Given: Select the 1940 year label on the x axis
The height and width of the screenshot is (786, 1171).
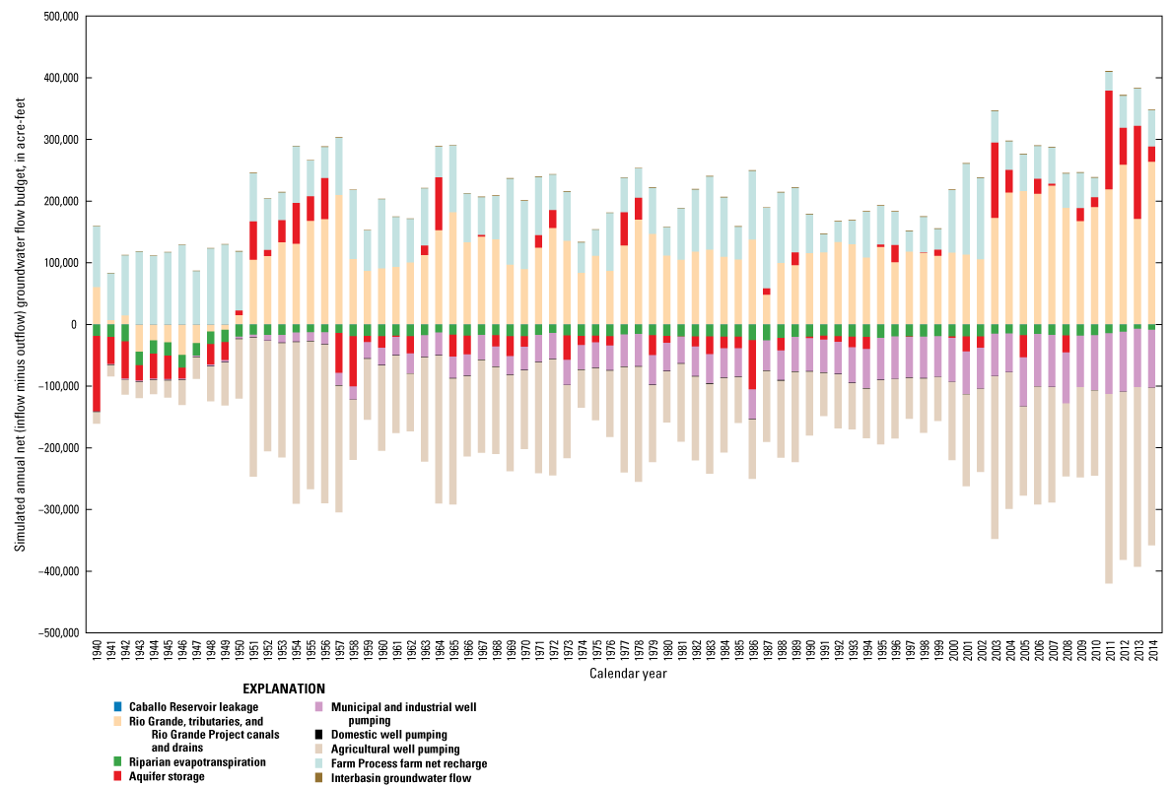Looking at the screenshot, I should (97, 654).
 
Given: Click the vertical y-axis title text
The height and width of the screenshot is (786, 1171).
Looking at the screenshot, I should (20, 325).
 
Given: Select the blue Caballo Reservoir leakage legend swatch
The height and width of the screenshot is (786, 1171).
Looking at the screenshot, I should (118, 706).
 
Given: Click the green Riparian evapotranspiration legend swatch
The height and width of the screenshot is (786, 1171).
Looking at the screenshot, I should (118, 762).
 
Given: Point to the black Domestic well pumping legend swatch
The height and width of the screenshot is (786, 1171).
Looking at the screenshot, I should (311, 735).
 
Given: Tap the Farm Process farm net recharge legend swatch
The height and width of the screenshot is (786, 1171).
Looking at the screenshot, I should (311, 763).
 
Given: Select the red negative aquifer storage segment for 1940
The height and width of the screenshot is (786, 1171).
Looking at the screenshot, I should (97, 374).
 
